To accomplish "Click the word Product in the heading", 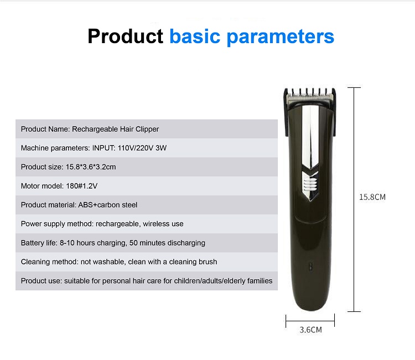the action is click(x=125, y=36).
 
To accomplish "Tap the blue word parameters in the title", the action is click(x=281, y=37).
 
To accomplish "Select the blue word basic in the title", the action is click(x=195, y=36).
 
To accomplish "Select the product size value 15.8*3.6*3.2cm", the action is click(x=91, y=167).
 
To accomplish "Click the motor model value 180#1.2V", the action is click(x=82, y=186).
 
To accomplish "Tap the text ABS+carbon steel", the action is click(x=108, y=205).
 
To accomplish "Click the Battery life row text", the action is click(x=113, y=243).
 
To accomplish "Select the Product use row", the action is click(x=147, y=281).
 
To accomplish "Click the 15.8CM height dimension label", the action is click(x=372, y=197).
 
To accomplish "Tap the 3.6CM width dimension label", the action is click(x=311, y=330).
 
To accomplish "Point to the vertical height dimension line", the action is click(x=354, y=200).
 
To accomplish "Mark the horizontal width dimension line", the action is click(x=310, y=321).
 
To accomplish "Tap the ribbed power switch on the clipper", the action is click(x=310, y=184).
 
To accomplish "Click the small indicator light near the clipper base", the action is click(x=311, y=267).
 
